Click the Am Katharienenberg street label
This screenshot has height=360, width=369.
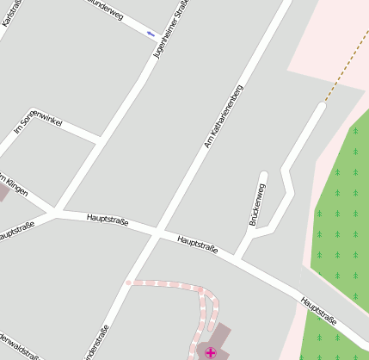pos(224,116)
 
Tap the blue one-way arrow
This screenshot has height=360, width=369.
pos(151,34)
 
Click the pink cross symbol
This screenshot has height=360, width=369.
pos(210,352)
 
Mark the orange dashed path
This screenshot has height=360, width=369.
pos(345,68)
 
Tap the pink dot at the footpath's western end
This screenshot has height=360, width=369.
pos(128,282)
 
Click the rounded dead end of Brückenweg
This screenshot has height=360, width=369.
pos(322,106)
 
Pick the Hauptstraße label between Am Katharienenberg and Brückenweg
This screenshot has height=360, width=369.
pos(197,245)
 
